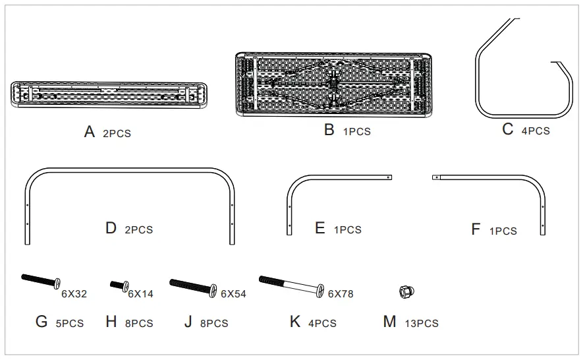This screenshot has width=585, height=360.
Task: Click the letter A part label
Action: (90, 132)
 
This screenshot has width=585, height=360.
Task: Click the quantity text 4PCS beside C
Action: (535, 131)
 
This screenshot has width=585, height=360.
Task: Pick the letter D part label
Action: (111, 228)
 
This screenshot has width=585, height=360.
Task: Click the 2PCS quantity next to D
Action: (138, 230)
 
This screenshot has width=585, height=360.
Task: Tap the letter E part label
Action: (320, 228)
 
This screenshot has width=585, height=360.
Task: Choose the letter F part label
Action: (476, 229)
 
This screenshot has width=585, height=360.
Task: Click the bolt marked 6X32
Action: (41, 281)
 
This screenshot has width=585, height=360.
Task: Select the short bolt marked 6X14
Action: (119, 285)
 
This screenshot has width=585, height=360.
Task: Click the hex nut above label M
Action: (406, 290)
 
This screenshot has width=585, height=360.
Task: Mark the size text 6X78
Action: (341, 294)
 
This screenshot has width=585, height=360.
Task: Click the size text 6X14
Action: (140, 294)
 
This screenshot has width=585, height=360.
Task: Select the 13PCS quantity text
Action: (421, 324)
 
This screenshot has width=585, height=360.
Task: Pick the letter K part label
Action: (294, 322)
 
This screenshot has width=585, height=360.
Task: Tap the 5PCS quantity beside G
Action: (69, 323)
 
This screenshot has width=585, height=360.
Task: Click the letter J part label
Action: (188, 322)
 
